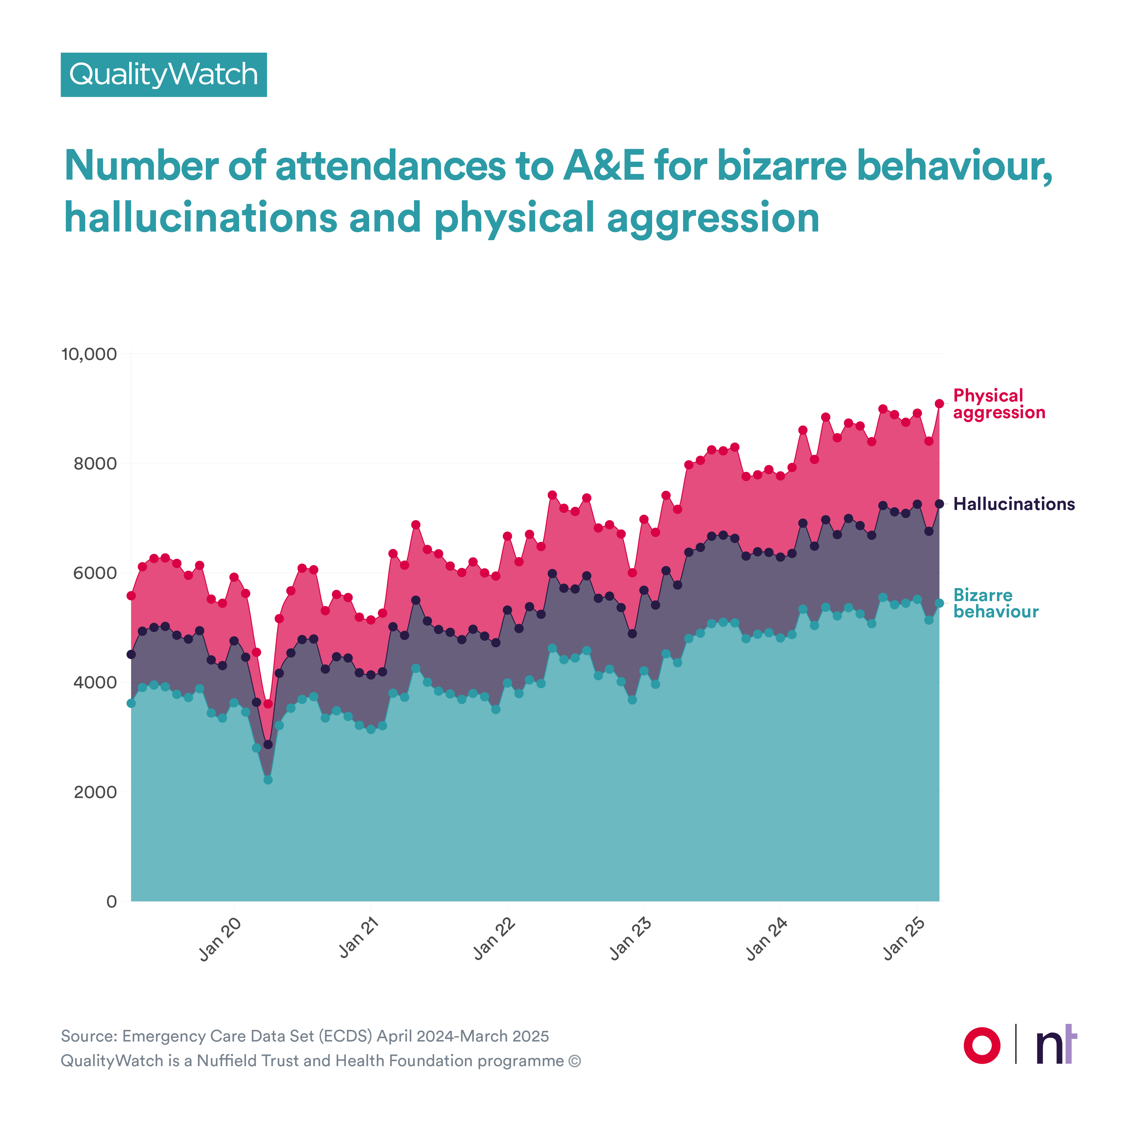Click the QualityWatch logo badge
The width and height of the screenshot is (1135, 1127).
click(163, 75)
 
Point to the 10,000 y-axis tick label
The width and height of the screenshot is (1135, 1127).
click(89, 354)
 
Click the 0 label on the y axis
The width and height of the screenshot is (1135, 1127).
click(111, 901)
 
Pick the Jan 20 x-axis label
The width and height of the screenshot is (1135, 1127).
click(220, 938)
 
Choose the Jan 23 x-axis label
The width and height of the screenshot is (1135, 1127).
click(631, 938)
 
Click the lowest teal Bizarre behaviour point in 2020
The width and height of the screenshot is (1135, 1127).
click(268, 780)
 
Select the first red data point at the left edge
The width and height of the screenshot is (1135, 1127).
click(131, 596)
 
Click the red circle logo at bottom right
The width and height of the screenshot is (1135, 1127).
click(982, 1045)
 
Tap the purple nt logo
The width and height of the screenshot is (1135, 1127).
click(1056, 1045)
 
